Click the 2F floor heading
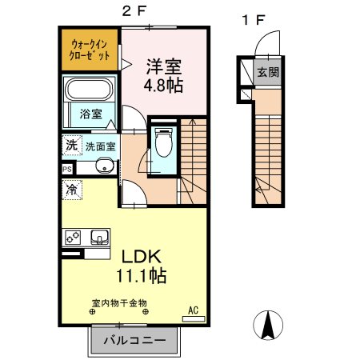(x=133, y=11)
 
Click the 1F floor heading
(x=254, y=20)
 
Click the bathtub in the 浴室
(x=90, y=89)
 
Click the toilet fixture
(x=164, y=145)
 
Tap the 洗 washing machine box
(x=71, y=146)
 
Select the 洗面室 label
(x=101, y=146)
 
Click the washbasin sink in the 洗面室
(x=103, y=166)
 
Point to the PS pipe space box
(x=67, y=169)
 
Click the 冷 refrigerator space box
(x=71, y=190)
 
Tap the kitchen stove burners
(x=73, y=238)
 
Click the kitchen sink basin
(x=101, y=237)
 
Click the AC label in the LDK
(x=193, y=309)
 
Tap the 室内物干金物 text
(x=119, y=303)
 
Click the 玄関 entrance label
(x=266, y=72)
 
